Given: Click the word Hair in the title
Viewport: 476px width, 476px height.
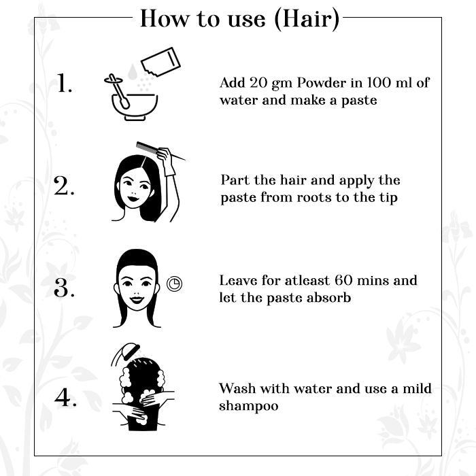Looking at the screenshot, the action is pos(307,19).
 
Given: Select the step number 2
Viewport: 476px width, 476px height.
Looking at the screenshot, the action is pos(64,185).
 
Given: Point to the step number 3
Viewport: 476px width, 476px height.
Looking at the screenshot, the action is pos(64,287).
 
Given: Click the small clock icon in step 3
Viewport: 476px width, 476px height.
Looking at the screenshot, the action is pos(174,284).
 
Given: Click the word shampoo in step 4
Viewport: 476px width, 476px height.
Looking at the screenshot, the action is pos(249,406).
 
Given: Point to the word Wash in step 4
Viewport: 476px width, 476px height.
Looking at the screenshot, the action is pos(237,388).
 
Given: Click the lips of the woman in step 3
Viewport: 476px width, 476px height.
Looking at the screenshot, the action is pos(136,300).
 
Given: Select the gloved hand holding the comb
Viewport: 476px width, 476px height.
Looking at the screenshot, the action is pos(167,161).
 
